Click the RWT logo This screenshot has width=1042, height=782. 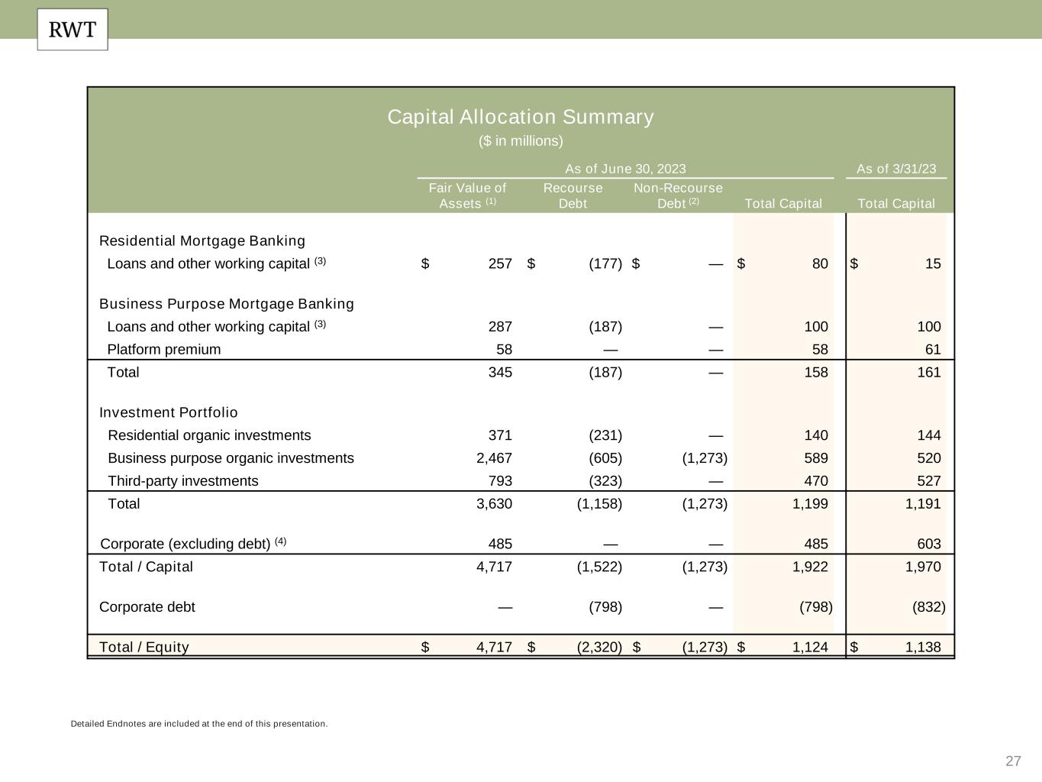click(x=73, y=30)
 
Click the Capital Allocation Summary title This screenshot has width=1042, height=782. click(x=521, y=117)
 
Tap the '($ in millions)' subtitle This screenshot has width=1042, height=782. click(x=521, y=141)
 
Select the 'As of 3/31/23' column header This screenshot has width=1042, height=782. click(x=896, y=169)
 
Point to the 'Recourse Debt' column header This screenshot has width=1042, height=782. click(x=573, y=195)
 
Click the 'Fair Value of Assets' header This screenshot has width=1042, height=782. click(x=467, y=195)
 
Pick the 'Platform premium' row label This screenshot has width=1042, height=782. click(x=164, y=350)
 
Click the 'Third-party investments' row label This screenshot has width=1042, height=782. click(x=183, y=481)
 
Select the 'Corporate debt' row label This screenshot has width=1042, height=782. click(x=147, y=607)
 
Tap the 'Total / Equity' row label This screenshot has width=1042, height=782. click(x=144, y=648)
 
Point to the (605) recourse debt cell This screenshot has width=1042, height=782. click(x=605, y=458)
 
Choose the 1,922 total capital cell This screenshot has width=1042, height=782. click(x=810, y=567)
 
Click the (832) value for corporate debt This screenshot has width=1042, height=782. click(x=928, y=607)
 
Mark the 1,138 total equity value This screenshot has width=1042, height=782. click(x=923, y=648)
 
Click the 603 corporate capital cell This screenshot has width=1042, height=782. click(x=929, y=544)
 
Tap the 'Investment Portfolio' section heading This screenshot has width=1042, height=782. click(x=169, y=412)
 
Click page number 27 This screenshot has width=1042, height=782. click(x=1013, y=761)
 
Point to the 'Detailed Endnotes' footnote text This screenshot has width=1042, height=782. click(x=199, y=724)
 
